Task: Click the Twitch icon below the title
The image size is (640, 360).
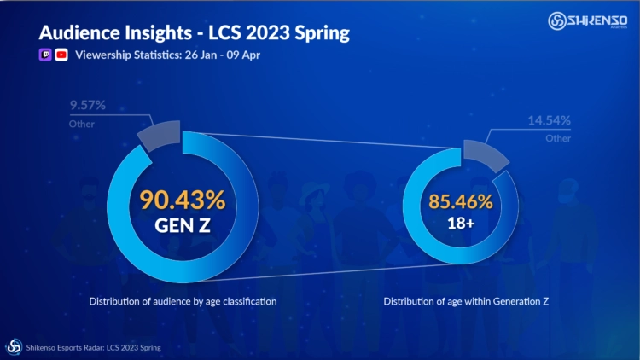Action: pyautogui.click(x=45, y=55)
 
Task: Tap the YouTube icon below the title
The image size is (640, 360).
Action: pyautogui.click(x=61, y=55)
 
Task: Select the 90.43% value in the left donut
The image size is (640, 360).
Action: pyautogui.click(x=182, y=201)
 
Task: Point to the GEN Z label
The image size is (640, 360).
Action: pyautogui.click(x=182, y=228)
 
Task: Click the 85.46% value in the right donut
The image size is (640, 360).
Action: pyautogui.click(x=462, y=202)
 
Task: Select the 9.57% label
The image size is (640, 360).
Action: pyautogui.click(x=87, y=107)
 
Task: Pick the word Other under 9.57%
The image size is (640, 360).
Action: pyautogui.click(x=81, y=125)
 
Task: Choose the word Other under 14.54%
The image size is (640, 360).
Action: pyautogui.click(x=559, y=137)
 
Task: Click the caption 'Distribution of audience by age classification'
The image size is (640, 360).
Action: pyautogui.click(x=181, y=301)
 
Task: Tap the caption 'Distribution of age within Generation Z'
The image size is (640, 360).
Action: pyautogui.click(x=465, y=301)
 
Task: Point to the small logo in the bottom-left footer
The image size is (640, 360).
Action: pyautogui.click(x=15, y=346)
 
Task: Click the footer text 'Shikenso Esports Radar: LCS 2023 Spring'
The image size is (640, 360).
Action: pyautogui.click(x=94, y=347)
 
